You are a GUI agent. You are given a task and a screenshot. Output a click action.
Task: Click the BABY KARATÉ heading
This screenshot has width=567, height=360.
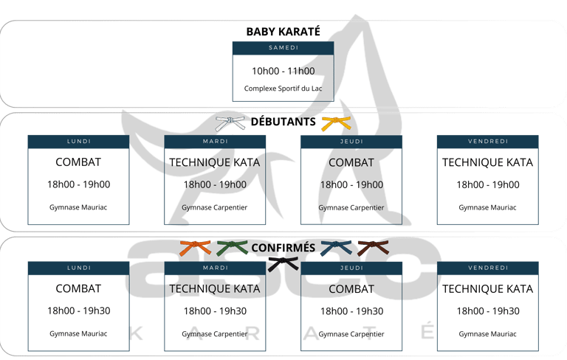(x=283, y=32)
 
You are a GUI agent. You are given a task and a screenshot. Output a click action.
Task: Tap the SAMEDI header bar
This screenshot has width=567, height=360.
(x=283, y=47)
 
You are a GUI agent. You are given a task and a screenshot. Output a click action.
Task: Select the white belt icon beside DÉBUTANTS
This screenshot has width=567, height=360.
(x=232, y=121)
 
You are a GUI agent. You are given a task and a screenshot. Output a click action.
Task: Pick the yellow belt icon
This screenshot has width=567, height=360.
(x=336, y=121)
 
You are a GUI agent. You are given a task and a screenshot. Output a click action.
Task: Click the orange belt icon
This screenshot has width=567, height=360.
(x=195, y=248)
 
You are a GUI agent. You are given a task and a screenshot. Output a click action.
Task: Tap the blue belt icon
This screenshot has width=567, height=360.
(x=337, y=248)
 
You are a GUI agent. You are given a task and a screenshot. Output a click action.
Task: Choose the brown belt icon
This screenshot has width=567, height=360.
(x=372, y=248)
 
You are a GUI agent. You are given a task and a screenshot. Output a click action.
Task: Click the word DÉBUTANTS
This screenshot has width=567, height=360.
(x=283, y=122)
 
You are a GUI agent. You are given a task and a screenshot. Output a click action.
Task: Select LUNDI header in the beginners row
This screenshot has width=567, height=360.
(x=78, y=141)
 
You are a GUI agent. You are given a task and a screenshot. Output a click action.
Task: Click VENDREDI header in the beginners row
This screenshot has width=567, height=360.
(x=487, y=141)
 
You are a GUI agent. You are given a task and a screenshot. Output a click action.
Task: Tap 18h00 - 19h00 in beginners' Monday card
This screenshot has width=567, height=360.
(x=78, y=184)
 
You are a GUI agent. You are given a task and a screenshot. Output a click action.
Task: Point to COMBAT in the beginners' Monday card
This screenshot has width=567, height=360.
(x=78, y=162)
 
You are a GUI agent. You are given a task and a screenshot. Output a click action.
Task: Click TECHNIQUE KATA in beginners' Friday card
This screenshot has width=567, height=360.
(x=487, y=162)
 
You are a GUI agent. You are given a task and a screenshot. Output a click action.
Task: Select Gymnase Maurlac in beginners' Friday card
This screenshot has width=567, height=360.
(x=487, y=207)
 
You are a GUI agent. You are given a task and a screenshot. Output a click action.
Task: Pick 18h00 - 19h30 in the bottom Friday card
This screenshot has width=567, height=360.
(x=487, y=311)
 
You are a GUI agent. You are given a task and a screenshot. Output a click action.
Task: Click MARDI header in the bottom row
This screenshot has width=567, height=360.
(x=215, y=267)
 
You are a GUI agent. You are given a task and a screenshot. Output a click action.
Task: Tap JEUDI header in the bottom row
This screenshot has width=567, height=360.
(x=351, y=267)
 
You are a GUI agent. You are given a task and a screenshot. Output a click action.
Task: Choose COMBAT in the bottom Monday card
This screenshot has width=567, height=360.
(x=78, y=288)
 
